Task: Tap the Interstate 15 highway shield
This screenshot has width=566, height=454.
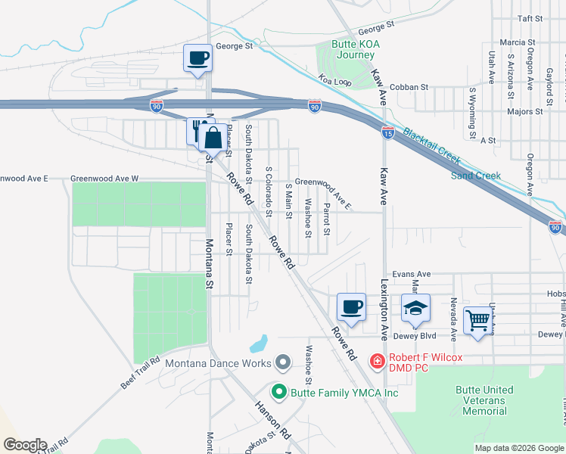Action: [x=387, y=131]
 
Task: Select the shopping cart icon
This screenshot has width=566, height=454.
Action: [x=477, y=320]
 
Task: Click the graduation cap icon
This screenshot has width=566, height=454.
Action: [x=415, y=307]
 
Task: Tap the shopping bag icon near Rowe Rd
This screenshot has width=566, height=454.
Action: [x=213, y=138]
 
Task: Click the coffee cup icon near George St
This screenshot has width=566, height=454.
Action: [x=198, y=58]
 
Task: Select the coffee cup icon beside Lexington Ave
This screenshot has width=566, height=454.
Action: [x=350, y=307]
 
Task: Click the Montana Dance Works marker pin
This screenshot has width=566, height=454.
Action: [x=283, y=363]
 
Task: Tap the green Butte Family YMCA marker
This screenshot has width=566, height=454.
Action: [x=278, y=393]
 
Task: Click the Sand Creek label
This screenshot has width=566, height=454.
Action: [x=476, y=176]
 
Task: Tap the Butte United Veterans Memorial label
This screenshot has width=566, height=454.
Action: [x=485, y=400]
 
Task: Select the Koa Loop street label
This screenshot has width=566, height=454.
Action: [x=334, y=79]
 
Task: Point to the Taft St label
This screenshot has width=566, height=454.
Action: [x=530, y=18]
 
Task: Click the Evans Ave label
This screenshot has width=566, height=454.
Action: [x=411, y=274]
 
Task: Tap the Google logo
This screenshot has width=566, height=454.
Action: [x=25, y=445]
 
